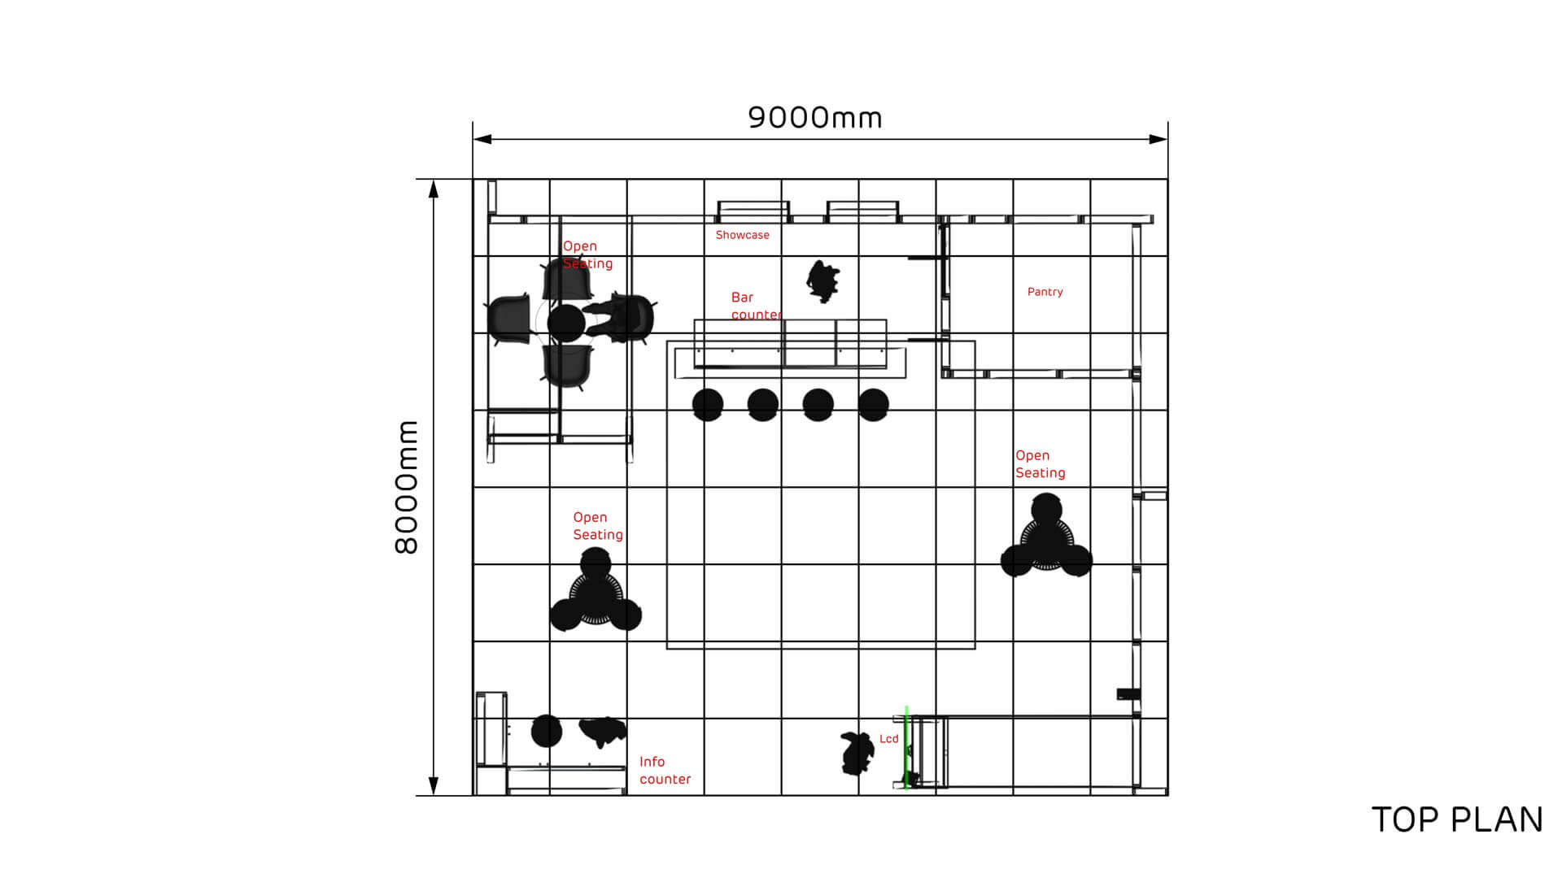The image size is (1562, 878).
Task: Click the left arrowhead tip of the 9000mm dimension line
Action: pyautogui.click(x=473, y=139)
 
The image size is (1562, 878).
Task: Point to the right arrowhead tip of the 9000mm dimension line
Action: pyautogui.click(x=1167, y=139)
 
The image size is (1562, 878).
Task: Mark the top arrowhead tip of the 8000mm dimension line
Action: pyautogui.click(x=434, y=180)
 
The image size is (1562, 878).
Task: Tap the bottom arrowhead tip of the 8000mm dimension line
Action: pyautogui.click(x=434, y=794)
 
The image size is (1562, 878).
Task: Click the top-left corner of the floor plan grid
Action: pyautogui.click(x=473, y=180)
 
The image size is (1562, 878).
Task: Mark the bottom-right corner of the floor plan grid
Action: pyautogui.click(x=1167, y=794)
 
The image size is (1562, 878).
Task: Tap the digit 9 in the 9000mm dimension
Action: pyautogui.click(x=757, y=118)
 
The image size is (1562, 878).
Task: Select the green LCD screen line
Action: pyautogui.click(x=906, y=747)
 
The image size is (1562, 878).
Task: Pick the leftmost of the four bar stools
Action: pyautogui.click(x=708, y=404)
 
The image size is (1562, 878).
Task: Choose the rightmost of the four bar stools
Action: pyautogui.click(x=873, y=404)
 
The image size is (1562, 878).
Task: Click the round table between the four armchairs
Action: pyautogui.click(x=566, y=323)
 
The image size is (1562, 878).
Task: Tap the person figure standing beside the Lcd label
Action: pyautogui.click(x=857, y=753)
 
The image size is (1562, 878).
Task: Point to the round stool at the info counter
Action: pyautogui.click(x=547, y=732)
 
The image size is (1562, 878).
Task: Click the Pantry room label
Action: pyautogui.click(x=1045, y=292)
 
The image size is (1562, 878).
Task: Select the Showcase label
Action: pyautogui.click(x=742, y=235)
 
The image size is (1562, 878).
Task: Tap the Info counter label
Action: pyautogui.click(x=665, y=770)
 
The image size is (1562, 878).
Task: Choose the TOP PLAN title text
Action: pyautogui.click(x=1457, y=820)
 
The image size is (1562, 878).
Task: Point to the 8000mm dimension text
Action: pyautogui.click(x=406, y=487)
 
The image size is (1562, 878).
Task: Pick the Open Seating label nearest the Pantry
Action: pyautogui.click(x=1040, y=464)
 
